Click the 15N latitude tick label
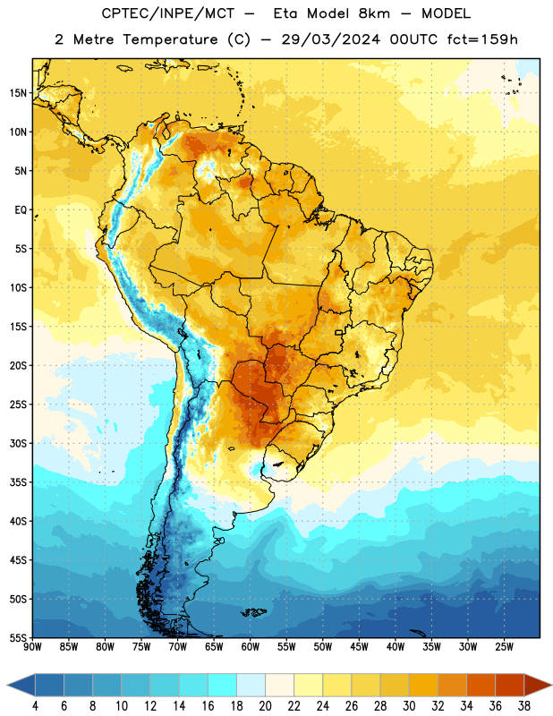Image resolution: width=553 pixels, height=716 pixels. pyautogui.click(x=18, y=93)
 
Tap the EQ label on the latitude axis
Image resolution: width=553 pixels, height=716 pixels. pyautogui.click(x=21, y=210)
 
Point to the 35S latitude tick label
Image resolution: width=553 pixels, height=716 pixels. pyautogui.click(x=18, y=482)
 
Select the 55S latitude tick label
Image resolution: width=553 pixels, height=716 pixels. pyautogui.click(x=18, y=637)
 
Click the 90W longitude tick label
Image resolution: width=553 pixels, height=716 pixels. pyautogui.click(x=32, y=647)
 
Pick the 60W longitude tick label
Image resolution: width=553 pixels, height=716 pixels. pyautogui.click(x=251, y=647)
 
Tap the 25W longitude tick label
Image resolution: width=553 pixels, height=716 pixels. pyautogui.click(x=504, y=647)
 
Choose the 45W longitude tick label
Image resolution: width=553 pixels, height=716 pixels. pyautogui.click(x=359, y=647)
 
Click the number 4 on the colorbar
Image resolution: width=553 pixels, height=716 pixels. pyautogui.click(x=35, y=706)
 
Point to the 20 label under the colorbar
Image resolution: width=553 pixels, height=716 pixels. pyautogui.click(x=265, y=706)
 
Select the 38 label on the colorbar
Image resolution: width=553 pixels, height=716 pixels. pyautogui.click(x=523, y=706)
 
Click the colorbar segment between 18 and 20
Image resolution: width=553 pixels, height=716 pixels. pyautogui.click(x=251, y=686)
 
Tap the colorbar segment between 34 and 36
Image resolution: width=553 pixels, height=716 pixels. pyautogui.click(x=481, y=686)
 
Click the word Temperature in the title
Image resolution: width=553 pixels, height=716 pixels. pyautogui.click(x=170, y=39)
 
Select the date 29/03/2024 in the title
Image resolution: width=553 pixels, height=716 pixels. pyautogui.click(x=330, y=39)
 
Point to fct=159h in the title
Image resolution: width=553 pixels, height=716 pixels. pyautogui.click(x=482, y=39)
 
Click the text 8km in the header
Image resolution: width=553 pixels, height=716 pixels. pyautogui.click(x=374, y=13)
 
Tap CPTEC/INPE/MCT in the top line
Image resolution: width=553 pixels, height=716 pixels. pyautogui.click(x=168, y=13)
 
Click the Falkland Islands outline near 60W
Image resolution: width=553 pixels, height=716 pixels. pyautogui.click(x=254, y=612)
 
